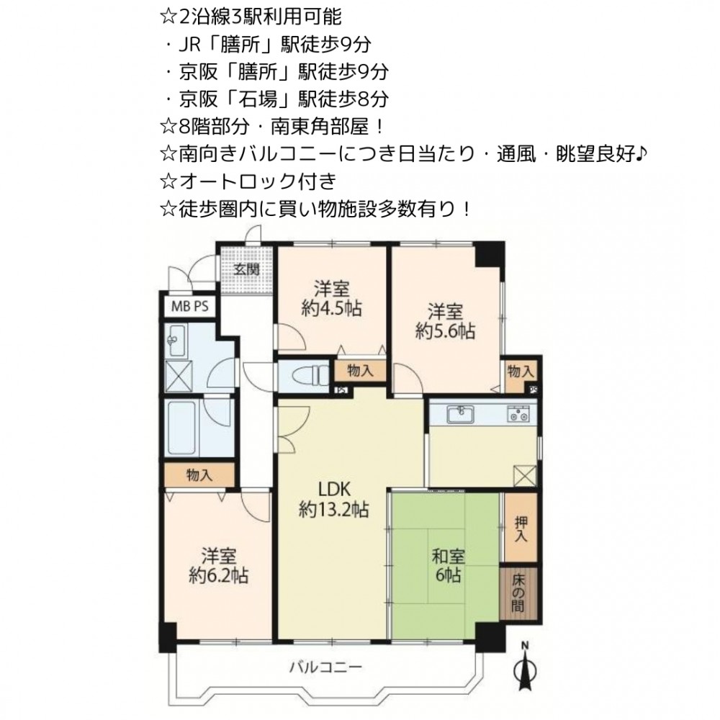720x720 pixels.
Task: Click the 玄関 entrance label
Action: (x=246, y=269)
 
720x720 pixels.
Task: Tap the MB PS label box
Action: (x=189, y=306)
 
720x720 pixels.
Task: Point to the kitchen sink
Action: (x=461, y=414)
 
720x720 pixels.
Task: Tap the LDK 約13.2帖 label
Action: (x=334, y=500)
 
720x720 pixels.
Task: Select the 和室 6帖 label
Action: (x=448, y=566)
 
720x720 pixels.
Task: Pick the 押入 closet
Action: (x=521, y=527)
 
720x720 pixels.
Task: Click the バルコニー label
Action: (x=325, y=666)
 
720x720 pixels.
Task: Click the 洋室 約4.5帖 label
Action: (x=331, y=299)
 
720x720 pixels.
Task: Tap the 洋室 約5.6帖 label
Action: (x=445, y=321)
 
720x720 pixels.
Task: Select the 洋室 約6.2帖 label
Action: (x=219, y=566)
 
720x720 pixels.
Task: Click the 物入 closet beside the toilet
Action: (x=360, y=371)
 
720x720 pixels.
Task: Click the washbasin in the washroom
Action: (x=175, y=341)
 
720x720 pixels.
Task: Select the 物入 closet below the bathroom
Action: (x=199, y=474)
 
